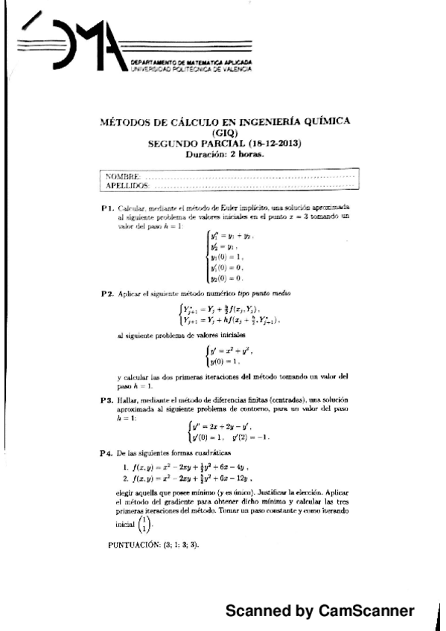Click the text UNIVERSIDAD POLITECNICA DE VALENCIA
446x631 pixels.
point(191,68)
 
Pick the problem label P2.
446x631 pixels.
point(106,295)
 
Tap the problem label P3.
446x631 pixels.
point(106,400)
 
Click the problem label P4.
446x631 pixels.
point(106,453)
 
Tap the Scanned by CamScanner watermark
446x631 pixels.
point(320,611)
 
